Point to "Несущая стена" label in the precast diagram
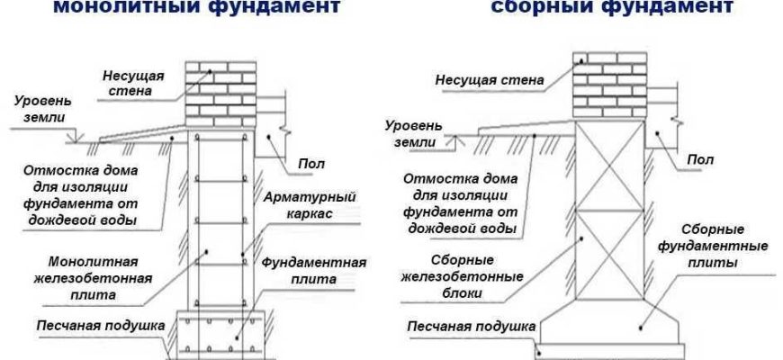pyautogui.click(x=490, y=80)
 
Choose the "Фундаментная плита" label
pyautogui.click(x=315, y=271)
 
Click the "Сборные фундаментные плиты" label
pyautogui.click(x=725, y=247)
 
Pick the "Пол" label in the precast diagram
pyautogui.click(x=701, y=159)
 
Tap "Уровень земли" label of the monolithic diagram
pyautogui.click(x=34, y=112)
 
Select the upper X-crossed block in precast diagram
pyautogui.click(x=609, y=166)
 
